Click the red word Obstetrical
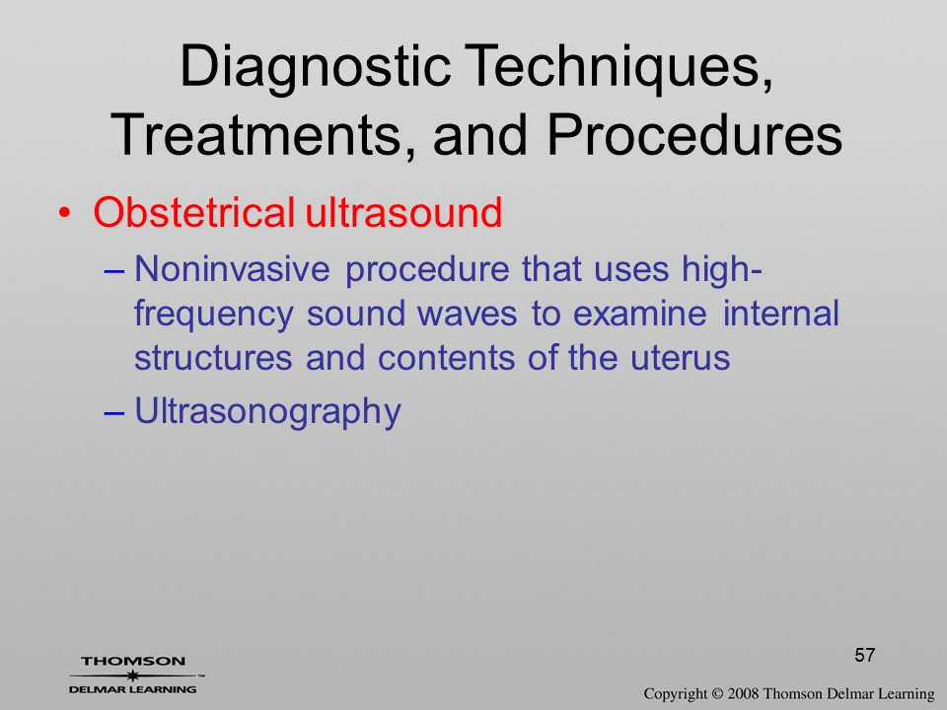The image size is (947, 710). point(194,213)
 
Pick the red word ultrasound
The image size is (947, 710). point(403,213)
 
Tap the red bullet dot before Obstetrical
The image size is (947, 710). point(65,214)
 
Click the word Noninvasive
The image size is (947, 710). point(232,268)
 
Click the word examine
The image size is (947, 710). point(639,314)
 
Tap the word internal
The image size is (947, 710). point(781,314)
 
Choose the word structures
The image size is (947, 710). point(213,358)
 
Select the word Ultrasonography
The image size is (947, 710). point(267,413)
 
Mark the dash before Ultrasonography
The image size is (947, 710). point(114,412)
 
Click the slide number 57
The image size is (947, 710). point(865,655)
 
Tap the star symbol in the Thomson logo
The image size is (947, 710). point(133,675)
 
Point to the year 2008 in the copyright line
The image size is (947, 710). point(744,694)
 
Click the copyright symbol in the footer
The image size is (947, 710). point(717,694)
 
